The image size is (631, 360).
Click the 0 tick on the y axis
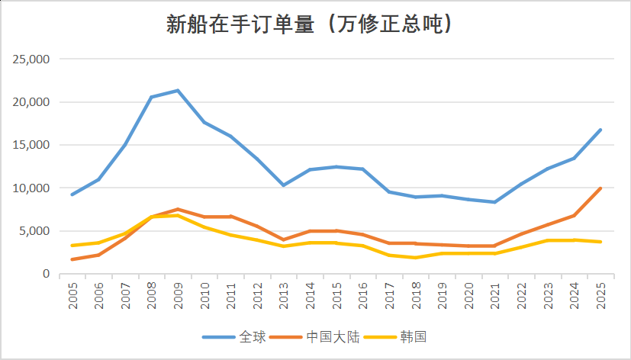46,274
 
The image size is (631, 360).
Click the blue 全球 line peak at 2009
178,91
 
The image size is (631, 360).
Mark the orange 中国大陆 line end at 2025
600,188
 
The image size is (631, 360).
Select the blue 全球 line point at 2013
283,185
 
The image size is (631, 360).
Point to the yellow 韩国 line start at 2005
73,246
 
